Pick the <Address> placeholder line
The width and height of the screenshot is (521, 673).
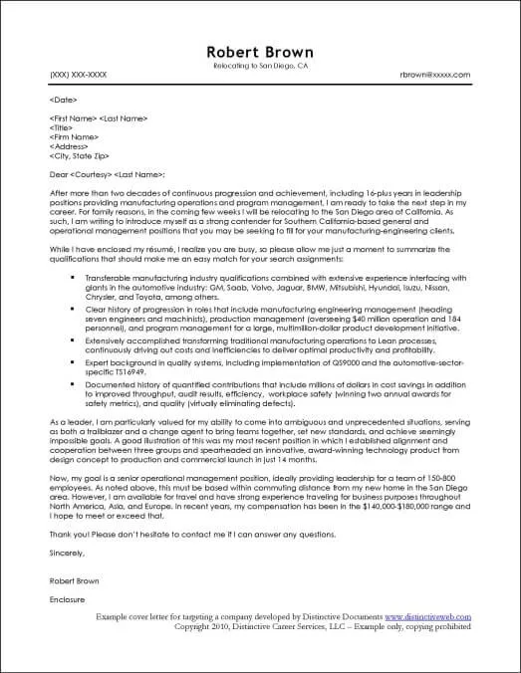pyautogui.click(x=67, y=146)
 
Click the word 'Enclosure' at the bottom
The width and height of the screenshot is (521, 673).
pyautogui.click(x=66, y=601)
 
